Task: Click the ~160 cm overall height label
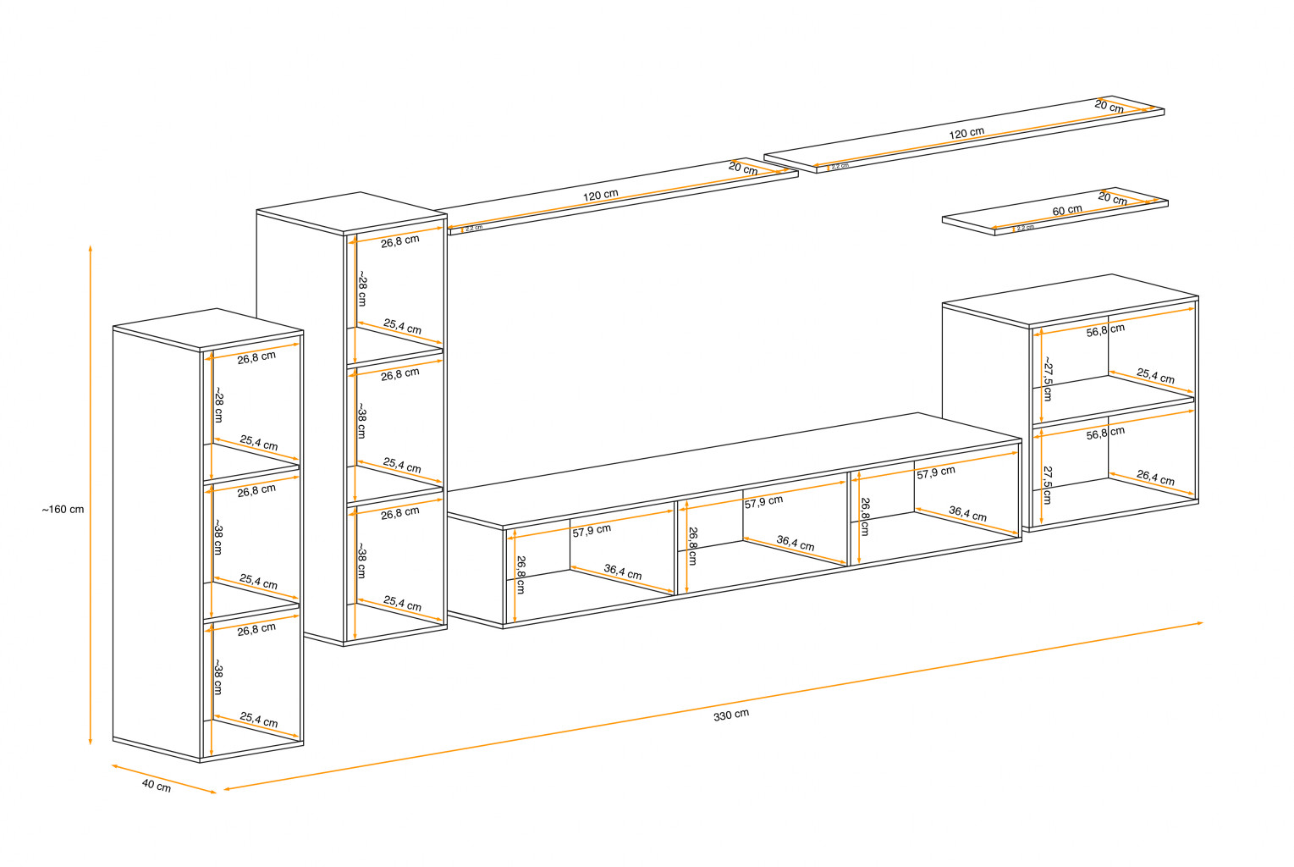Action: click(63, 510)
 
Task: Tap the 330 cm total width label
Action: click(730, 715)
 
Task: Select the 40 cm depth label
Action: click(156, 786)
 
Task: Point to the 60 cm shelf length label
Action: click(1066, 210)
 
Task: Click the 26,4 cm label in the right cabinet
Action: click(1155, 478)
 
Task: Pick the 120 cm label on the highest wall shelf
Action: click(966, 133)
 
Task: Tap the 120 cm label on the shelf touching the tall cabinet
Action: click(600, 196)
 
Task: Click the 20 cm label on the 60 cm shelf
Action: click(1112, 199)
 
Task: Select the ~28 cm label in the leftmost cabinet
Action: click(218, 406)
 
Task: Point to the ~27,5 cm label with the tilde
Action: click(1048, 378)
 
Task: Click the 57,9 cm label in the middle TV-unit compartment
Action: click(763, 502)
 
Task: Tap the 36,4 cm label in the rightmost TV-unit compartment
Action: click(967, 513)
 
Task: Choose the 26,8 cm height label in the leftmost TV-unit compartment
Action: click(520, 574)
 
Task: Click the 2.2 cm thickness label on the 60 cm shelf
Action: click(1025, 228)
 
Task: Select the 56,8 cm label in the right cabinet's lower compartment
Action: click(1105, 433)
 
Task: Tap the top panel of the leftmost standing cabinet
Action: click(207, 329)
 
